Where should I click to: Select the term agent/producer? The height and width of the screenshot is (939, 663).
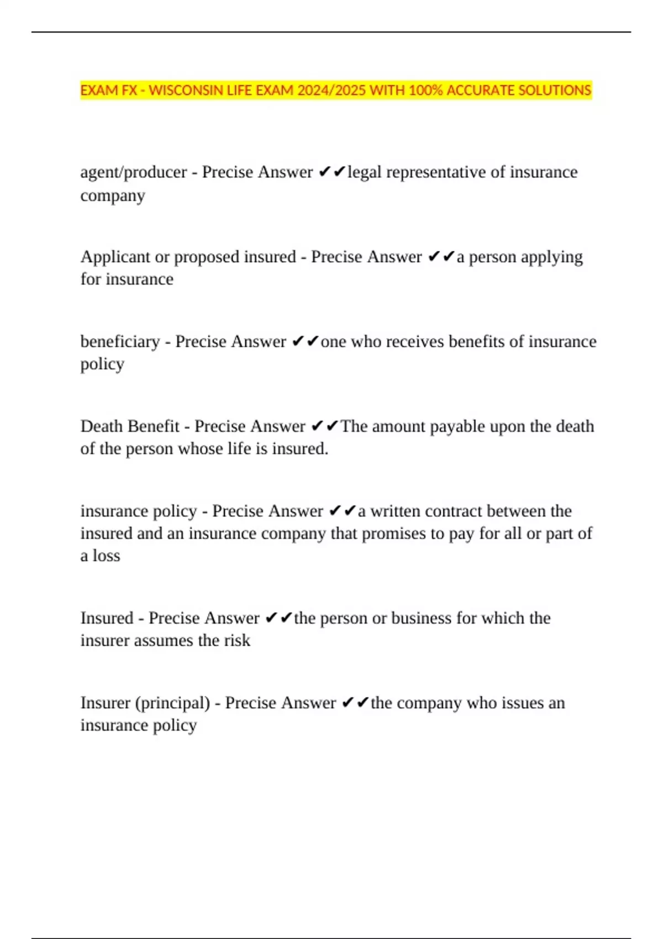point(133,172)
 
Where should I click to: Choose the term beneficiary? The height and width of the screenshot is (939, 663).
point(120,342)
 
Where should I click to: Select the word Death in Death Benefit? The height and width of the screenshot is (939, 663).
point(102,426)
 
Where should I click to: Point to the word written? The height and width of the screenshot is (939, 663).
point(393,511)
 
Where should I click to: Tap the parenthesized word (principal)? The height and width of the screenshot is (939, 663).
point(173,703)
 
